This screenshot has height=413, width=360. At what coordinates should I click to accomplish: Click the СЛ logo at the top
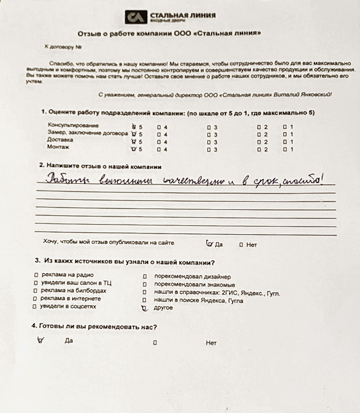(x=136, y=17)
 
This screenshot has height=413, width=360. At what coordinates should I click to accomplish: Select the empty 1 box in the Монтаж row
(x=285, y=149)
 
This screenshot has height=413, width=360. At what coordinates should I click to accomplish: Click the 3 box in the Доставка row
(x=209, y=142)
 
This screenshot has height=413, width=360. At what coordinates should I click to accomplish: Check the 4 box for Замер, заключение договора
(x=159, y=134)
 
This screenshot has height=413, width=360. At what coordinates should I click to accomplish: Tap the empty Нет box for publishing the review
(x=241, y=245)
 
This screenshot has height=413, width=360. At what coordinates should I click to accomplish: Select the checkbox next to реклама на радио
(x=36, y=275)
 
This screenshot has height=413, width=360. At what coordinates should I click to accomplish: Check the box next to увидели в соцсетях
(x=35, y=307)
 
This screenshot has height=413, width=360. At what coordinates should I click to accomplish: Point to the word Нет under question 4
(x=211, y=343)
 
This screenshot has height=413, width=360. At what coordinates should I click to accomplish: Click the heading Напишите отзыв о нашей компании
(x=101, y=166)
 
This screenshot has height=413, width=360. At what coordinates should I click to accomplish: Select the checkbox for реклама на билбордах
(x=35, y=291)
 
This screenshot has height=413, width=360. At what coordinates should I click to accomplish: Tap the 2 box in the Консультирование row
(x=259, y=127)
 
